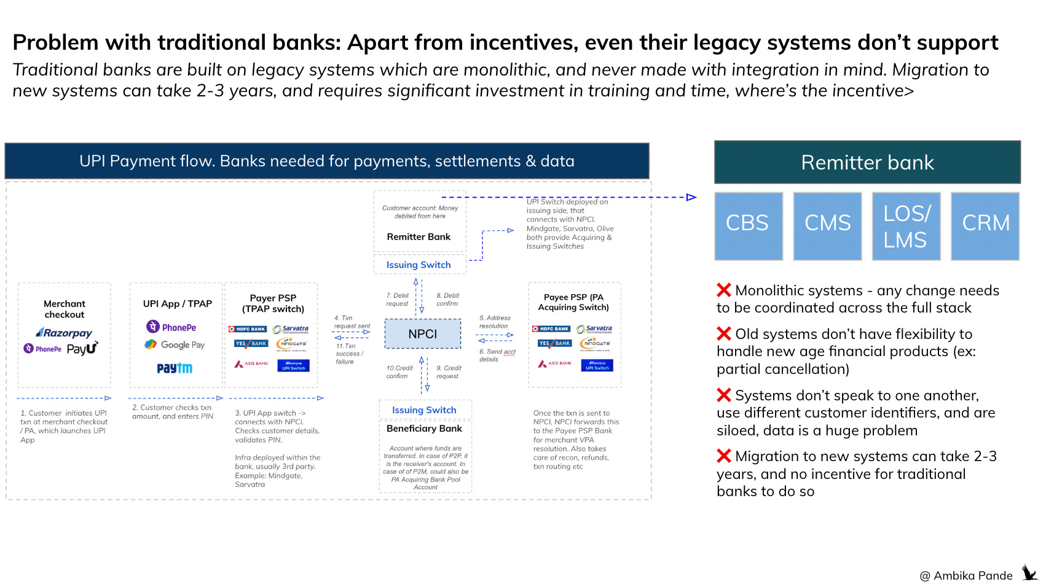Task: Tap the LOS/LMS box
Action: point(906,226)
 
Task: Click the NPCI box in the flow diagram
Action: point(423,334)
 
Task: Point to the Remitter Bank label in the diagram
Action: point(419,237)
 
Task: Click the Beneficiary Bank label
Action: point(424,429)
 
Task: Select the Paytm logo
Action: point(175,368)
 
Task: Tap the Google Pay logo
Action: point(175,345)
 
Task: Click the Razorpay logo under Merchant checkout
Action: point(64,333)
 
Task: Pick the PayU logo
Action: point(82,349)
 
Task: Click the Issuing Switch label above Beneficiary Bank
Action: point(424,410)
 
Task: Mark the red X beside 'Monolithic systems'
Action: point(724,290)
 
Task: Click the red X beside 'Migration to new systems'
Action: point(724,456)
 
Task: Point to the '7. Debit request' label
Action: point(398,300)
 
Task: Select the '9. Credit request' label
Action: point(449,372)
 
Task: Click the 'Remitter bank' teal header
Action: point(867,163)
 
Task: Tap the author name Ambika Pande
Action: point(973,576)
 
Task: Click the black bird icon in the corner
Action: point(1029,573)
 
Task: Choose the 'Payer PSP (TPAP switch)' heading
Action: point(273,303)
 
